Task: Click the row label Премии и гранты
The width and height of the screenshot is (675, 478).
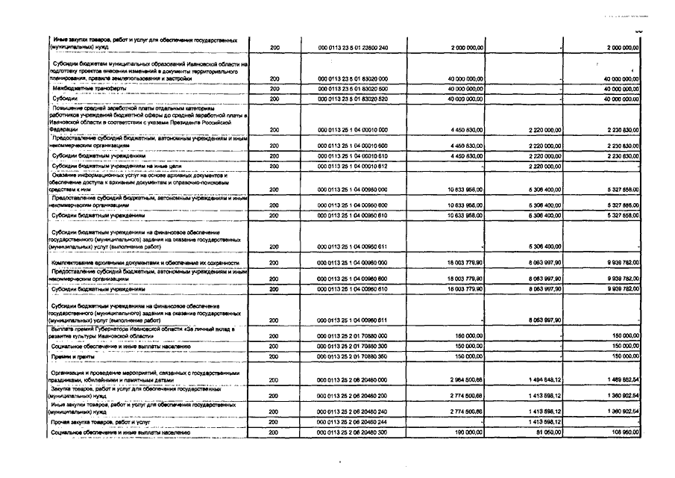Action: (71, 357)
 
